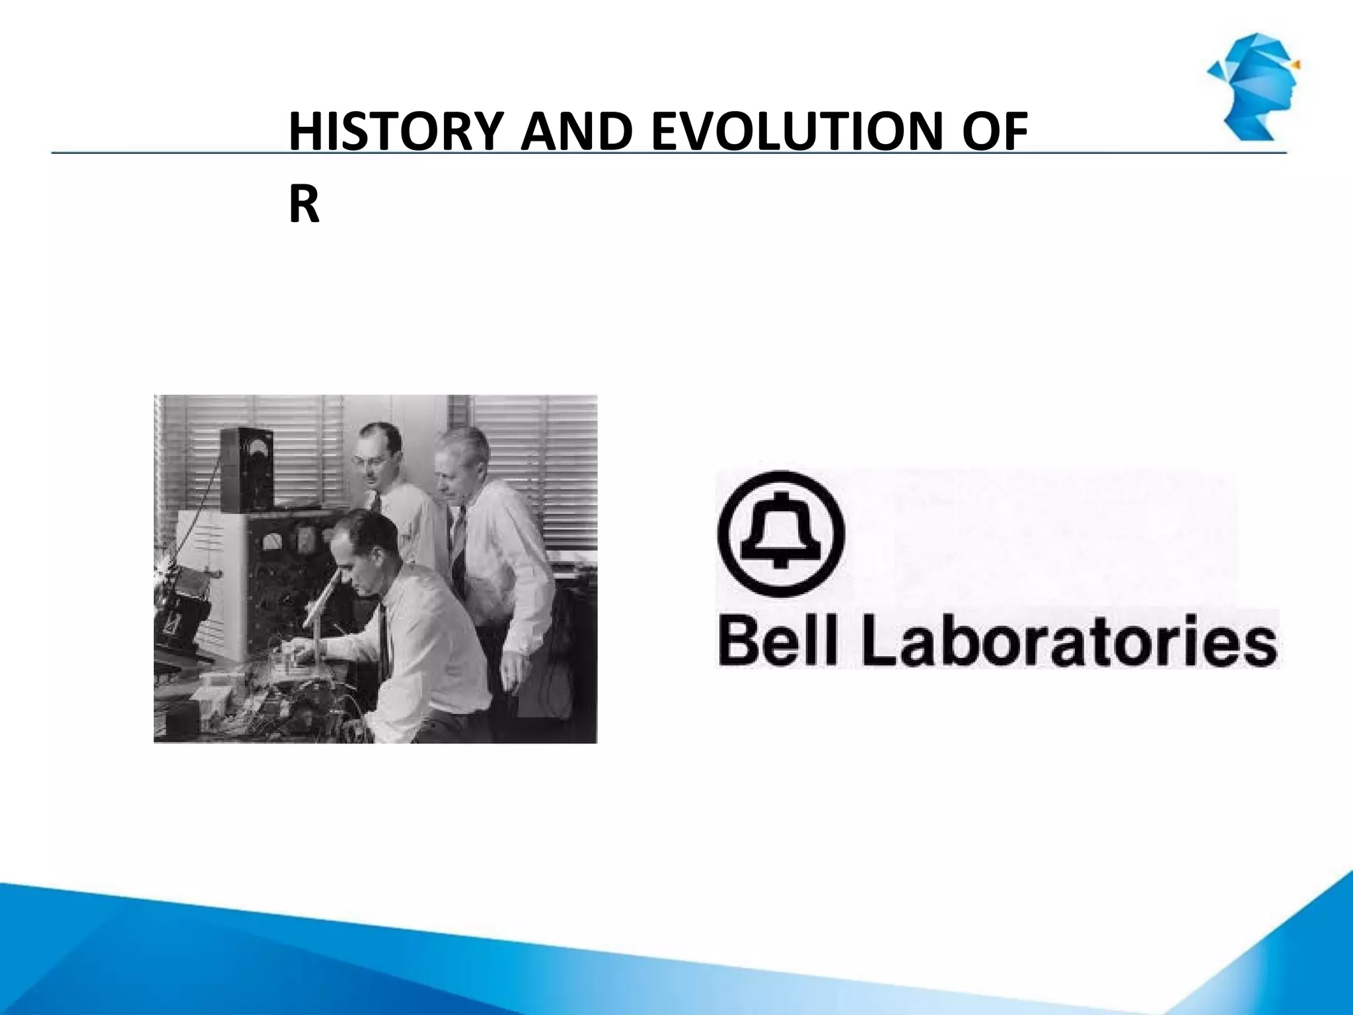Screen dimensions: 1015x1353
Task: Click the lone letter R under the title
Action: click(304, 206)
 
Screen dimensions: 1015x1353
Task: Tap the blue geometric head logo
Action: click(1252, 86)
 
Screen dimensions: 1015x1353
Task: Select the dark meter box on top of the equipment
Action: click(246, 469)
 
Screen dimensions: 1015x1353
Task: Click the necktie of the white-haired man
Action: click(458, 542)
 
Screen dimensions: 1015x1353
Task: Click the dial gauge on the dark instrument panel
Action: click(272, 543)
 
